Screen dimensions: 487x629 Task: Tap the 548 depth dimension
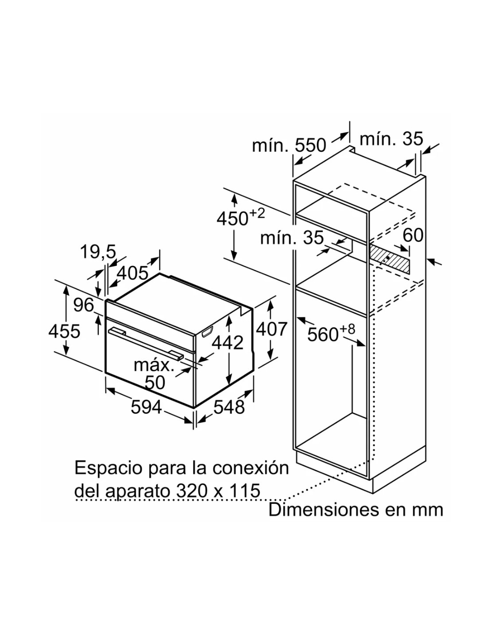tap(229, 407)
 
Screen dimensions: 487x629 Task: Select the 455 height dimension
tap(64, 331)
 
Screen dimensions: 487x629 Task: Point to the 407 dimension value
tap(271, 329)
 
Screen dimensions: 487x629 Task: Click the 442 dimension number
tap(228, 342)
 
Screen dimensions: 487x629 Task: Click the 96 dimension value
tap(83, 305)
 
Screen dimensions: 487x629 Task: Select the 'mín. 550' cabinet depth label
tap(289, 146)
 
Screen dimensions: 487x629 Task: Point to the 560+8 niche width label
tap(331, 333)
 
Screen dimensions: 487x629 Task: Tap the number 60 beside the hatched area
tap(413, 235)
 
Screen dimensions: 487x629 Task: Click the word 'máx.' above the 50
tap(154, 366)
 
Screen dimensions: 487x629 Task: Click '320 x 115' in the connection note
tap(218, 491)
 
